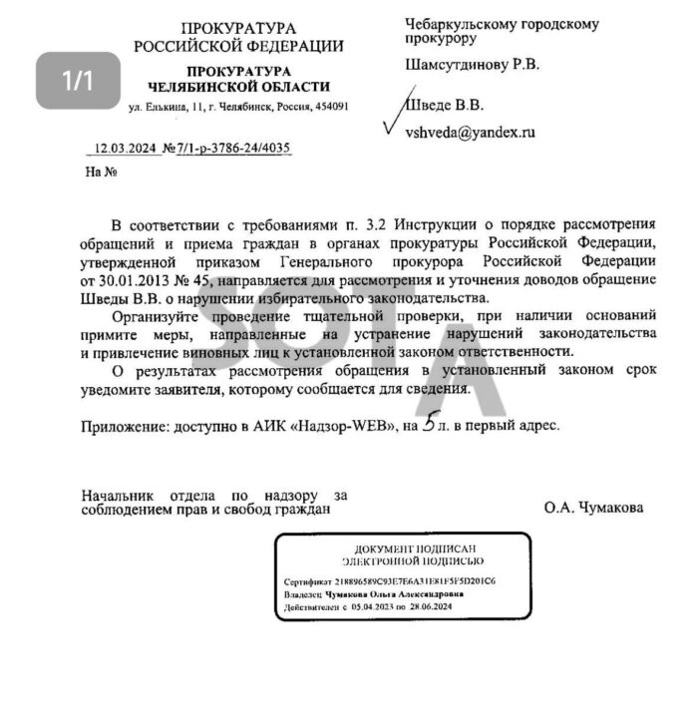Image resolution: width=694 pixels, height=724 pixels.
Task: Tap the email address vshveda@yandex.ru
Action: (469, 132)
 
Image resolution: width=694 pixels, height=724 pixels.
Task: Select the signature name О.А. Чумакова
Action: (593, 508)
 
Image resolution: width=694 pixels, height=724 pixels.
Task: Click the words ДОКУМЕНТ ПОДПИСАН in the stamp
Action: (402, 549)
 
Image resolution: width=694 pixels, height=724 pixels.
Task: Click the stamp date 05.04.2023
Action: (374, 605)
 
